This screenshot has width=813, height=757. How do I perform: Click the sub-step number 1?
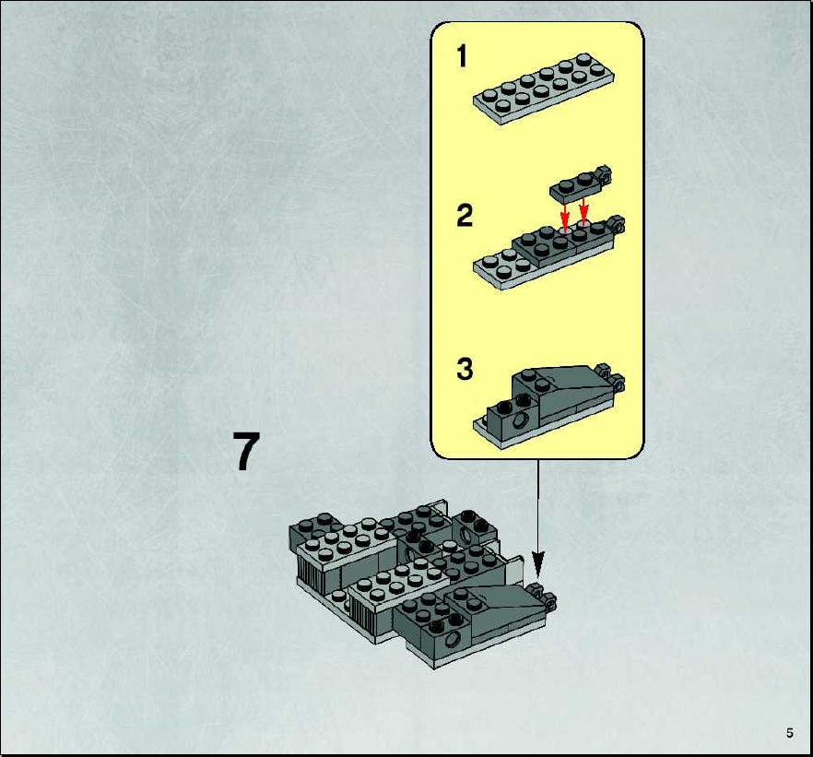(x=462, y=56)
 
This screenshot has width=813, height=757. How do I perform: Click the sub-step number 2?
(x=465, y=215)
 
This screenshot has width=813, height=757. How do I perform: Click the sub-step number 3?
(x=465, y=369)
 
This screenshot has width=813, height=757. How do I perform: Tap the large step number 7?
(x=246, y=451)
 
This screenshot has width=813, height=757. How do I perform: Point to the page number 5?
(x=790, y=733)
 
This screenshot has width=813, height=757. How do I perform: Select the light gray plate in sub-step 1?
(x=544, y=89)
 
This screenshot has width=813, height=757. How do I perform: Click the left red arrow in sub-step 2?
(x=565, y=214)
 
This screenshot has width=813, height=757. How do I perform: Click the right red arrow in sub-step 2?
(x=583, y=210)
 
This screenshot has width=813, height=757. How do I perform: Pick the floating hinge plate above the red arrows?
(x=580, y=184)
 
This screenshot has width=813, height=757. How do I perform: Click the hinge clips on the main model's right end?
(x=542, y=596)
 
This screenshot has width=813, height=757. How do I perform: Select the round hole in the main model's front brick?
(x=453, y=639)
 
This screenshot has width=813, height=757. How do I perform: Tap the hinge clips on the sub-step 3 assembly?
(x=610, y=377)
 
